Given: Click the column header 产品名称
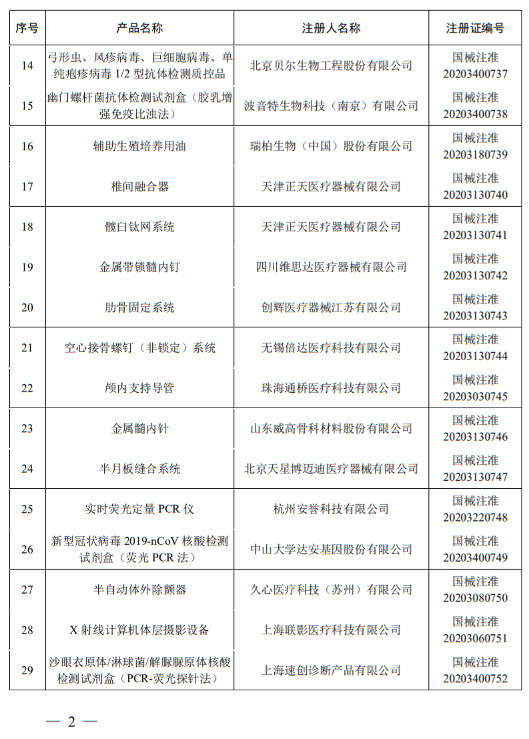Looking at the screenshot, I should [x=139, y=28].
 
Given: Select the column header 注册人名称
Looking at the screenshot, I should [x=331, y=28].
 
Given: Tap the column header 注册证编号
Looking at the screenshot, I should [x=475, y=28].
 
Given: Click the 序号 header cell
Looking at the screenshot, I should [x=27, y=28].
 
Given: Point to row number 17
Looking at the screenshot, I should [x=27, y=186].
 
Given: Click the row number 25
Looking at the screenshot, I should [x=27, y=509].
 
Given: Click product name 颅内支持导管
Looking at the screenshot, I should [x=139, y=388].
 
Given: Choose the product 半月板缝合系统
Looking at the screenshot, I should [x=139, y=469].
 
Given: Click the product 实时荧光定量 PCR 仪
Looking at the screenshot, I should [x=139, y=509].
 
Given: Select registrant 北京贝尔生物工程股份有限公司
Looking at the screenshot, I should [x=331, y=65].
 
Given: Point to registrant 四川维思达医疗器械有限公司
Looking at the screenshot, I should [x=331, y=267].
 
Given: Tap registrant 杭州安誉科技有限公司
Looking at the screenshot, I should [x=331, y=509].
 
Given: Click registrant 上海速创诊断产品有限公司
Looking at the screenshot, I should [x=331, y=670].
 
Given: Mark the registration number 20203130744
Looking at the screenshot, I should [x=475, y=356].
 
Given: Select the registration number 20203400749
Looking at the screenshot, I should [x=475, y=558].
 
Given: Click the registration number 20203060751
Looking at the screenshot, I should [x=475, y=638].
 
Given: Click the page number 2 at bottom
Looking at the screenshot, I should [x=71, y=722].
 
